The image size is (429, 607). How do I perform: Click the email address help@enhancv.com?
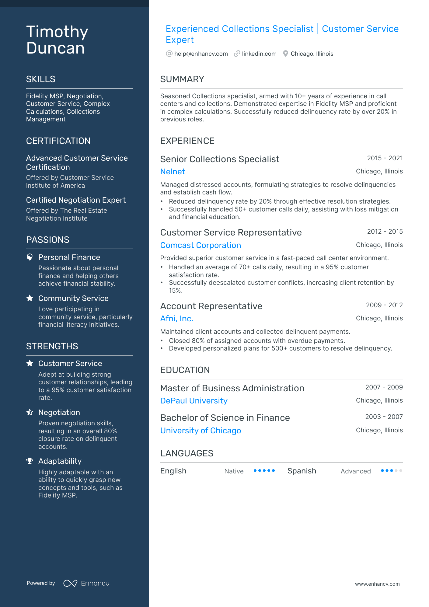pos(201,54)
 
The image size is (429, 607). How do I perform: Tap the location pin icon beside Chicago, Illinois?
pos(285,54)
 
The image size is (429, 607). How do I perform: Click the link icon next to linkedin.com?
pos(237,54)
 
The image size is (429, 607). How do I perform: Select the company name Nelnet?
pos(173,172)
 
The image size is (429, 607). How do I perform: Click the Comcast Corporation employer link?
pos(201,245)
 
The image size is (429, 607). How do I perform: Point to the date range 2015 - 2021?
pos(385,158)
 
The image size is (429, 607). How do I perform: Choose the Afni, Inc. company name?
pos(176,319)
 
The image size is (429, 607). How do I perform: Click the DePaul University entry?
pos(194,401)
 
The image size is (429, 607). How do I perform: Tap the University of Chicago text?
pos(201,431)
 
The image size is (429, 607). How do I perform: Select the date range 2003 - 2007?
pos(384,417)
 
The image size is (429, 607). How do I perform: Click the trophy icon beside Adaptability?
pos(30,461)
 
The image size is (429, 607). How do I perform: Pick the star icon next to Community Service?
pos(30,298)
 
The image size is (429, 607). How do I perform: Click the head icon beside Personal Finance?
pos(30,257)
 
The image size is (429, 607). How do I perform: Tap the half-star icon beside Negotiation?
pos(30,412)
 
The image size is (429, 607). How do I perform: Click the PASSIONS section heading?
pos(48,240)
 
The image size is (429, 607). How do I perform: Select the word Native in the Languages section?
pos(234,471)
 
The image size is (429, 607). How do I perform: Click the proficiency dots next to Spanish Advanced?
pos(391,471)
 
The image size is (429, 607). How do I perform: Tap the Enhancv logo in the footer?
pos(86,583)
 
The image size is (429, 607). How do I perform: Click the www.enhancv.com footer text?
pos(377,584)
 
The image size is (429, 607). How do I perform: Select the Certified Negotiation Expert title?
pos(76,200)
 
